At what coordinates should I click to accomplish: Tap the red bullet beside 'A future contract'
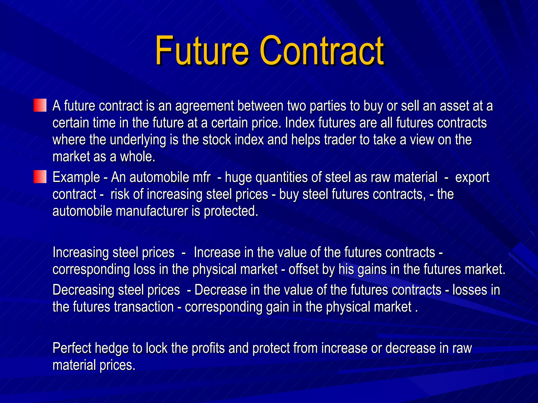40,105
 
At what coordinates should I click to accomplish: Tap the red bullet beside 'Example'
40,177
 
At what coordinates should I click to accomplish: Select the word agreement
204,106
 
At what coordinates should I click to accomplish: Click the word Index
300,123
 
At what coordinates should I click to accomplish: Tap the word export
472,178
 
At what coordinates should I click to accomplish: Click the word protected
231,211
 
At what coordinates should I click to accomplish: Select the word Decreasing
83,290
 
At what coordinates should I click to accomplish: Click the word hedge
112,348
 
